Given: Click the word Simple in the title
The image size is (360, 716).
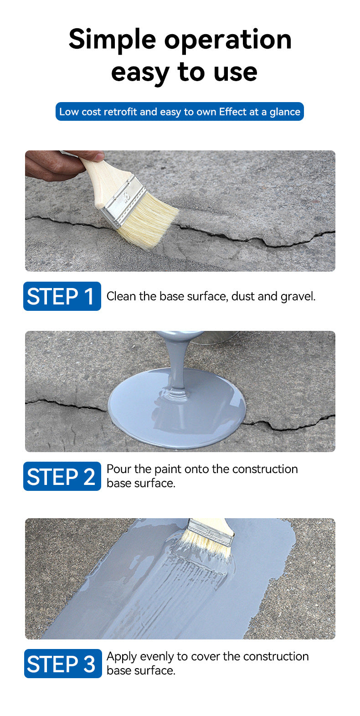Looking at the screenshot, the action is click(x=112, y=40).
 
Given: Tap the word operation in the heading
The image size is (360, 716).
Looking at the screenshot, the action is click(x=228, y=40).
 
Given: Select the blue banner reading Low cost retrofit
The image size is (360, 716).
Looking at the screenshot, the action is click(x=180, y=112).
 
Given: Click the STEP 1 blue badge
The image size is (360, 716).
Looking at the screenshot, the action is click(x=62, y=296).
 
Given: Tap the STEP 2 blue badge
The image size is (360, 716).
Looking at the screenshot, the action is click(x=62, y=476).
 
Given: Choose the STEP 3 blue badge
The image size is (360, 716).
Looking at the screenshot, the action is click(x=63, y=664).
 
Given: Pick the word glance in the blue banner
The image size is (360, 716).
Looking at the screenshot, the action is click(x=285, y=112).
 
